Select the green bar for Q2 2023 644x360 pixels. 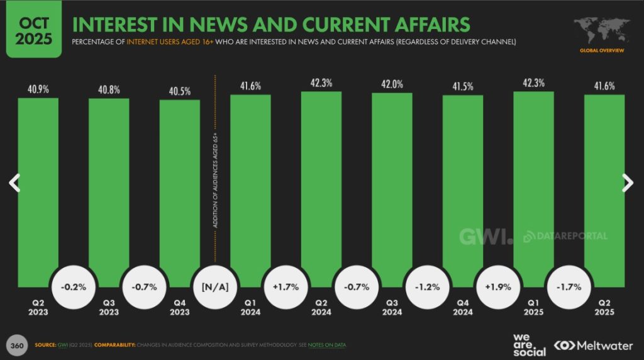click(38, 189)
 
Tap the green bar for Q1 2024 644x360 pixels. click(250, 189)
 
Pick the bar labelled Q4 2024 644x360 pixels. click(463, 189)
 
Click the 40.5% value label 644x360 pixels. click(179, 90)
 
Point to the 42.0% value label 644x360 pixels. click(392, 84)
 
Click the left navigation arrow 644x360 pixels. click(14, 183)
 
